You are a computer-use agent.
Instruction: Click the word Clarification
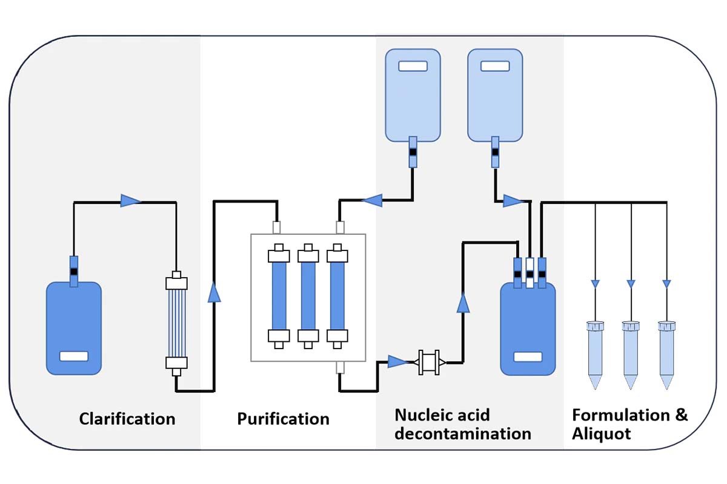pyautogui.click(x=127, y=419)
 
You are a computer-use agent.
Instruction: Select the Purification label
pyautogui.click(x=283, y=419)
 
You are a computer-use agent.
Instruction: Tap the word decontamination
pyautogui.click(x=463, y=434)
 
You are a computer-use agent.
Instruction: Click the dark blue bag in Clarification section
pyautogui.click(x=74, y=327)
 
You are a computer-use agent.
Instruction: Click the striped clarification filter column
pyautogui.click(x=176, y=321)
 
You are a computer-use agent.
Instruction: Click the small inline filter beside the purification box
pyautogui.click(x=430, y=362)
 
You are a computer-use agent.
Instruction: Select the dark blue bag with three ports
pyautogui.click(x=527, y=330)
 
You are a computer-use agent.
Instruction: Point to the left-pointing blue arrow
pyautogui.click(x=371, y=199)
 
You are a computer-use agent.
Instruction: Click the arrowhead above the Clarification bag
pyautogui.click(x=130, y=201)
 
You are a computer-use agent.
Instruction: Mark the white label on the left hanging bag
pyautogui.click(x=413, y=65)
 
